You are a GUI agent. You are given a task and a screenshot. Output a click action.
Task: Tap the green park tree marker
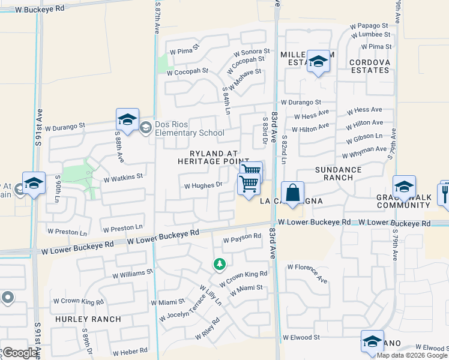pos(220,264)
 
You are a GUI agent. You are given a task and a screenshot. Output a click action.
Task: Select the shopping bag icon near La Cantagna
pos(292,193)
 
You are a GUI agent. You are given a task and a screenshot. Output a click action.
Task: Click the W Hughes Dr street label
pos(203,186)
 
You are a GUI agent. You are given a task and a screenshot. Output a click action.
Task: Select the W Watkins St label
pos(122,178)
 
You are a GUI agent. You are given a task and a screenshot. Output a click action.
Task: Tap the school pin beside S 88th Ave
pos(127,120)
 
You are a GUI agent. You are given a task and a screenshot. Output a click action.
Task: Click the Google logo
pos(20,353)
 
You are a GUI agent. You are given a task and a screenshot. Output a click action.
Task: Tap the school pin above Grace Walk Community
pos(404,187)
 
